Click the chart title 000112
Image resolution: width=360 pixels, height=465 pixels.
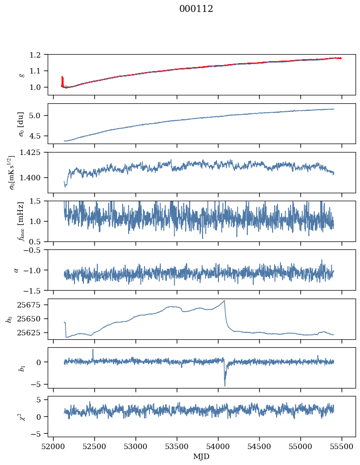pyautogui.click(x=196, y=9)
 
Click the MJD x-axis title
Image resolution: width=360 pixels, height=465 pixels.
pyautogui.click(x=201, y=457)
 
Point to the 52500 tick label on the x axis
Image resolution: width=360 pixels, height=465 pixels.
pyautogui.click(x=94, y=447)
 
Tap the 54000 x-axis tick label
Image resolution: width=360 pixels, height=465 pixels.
pyautogui.click(x=218, y=447)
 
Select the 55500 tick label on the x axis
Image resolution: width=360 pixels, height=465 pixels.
pyautogui.click(x=342, y=447)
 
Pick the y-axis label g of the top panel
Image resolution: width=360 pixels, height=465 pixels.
pyautogui.click(x=20, y=75)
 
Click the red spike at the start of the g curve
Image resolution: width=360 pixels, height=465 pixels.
pyautogui.click(x=62, y=80)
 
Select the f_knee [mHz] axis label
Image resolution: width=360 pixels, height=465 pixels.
pyautogui.click(x=21, y=221)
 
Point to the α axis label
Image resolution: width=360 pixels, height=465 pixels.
pyautogui.click(x=16, y=270)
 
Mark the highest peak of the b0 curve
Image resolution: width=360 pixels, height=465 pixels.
pyautogui.click(x=224, y=301)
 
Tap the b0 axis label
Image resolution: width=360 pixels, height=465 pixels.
pyautogui.click(x=10, y=319)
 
